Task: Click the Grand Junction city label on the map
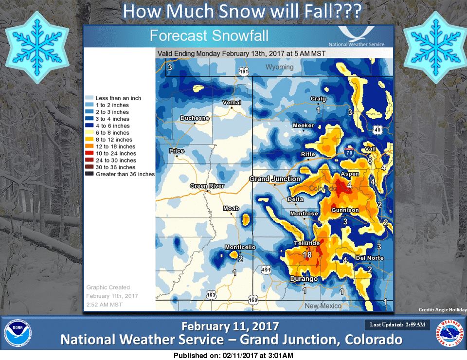point(274,179)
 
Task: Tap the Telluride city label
point(307,243)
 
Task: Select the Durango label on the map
point(304,279)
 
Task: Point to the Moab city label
point(231,208)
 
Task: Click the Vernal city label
point(232,103)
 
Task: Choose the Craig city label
point(318,99)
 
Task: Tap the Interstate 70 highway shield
point(349,152)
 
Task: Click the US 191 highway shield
point(244,72)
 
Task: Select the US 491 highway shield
point(266,270)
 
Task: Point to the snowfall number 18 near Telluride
point(307,255)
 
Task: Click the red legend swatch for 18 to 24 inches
point(90,153)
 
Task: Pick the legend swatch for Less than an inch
point(90,98)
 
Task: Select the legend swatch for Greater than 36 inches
point(90,174)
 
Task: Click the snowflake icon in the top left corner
point(37,47)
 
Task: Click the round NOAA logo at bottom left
point(18,333)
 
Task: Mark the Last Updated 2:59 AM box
point(397,324)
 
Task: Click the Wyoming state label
point(279,67)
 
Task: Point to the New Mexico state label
point(323,306)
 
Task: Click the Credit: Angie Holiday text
point(443,310)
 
